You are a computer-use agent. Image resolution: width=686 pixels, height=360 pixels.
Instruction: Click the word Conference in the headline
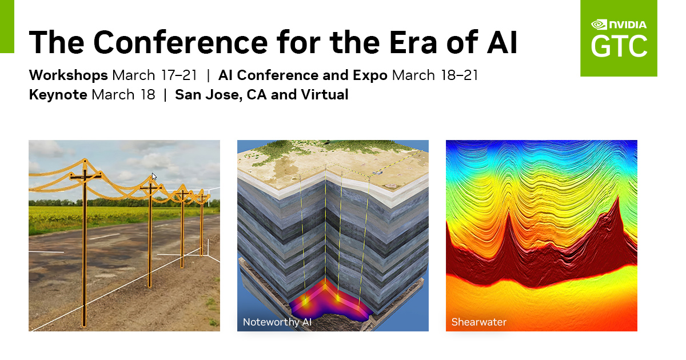click(x=181, y=42)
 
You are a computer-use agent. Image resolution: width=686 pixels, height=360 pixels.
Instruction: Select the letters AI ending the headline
click(x=502, y=42)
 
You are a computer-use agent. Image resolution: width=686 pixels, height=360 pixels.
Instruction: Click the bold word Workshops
click(x=68, y=75)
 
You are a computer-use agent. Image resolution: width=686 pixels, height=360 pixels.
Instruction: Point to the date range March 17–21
click(x=155, y=75)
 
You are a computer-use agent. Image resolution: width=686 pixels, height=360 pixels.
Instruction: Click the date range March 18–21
click(x=435, y=75)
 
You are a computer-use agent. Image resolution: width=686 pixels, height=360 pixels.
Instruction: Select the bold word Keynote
click(x=58, y=95)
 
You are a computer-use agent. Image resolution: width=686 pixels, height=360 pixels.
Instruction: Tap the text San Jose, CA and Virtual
click(x=262, y=95)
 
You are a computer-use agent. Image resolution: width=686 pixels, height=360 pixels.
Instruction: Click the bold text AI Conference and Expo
click(x=303, y=75)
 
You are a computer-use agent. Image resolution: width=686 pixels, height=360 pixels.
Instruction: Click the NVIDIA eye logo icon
click(x=599, y=25)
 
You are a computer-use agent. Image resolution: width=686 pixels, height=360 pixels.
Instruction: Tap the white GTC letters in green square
click(x=619, y=46)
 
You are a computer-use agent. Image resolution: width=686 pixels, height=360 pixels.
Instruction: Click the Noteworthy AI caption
click(x=277, y=322)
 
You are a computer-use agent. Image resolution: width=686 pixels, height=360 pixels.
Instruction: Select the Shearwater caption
click(x=479, y=322)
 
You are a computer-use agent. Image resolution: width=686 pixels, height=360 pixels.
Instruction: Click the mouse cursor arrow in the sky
click(x=154, y=177)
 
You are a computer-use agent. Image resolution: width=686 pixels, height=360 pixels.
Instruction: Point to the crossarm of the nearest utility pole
click(x=85, y=176)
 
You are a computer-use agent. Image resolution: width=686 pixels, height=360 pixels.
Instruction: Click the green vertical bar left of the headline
click(x=7, y=27)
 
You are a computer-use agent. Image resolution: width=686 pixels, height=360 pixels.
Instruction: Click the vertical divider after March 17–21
click(x=208, y=75)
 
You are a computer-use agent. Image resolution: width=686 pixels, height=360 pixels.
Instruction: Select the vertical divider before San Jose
click(x=165, y=95)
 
